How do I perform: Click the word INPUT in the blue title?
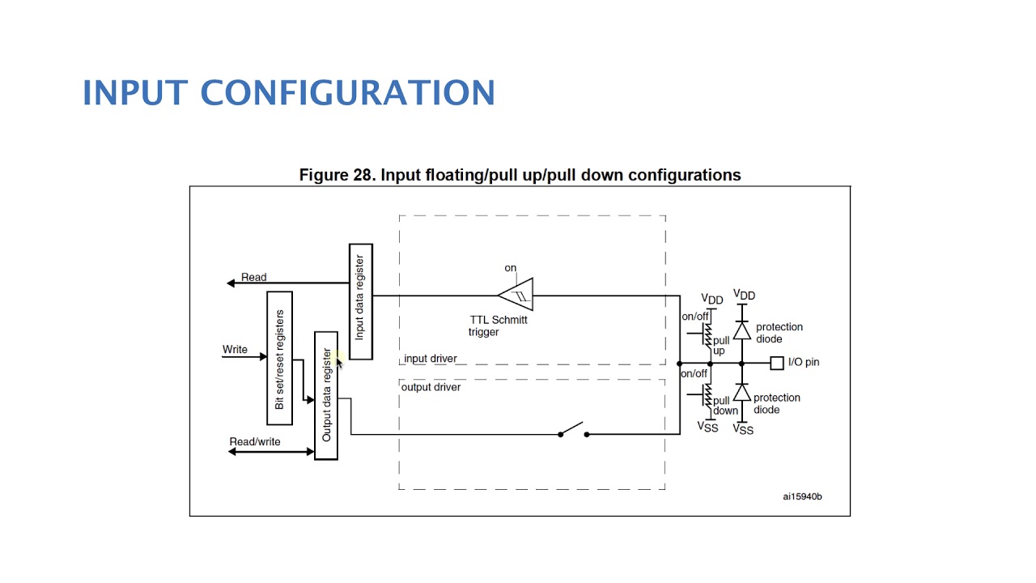[135, 92]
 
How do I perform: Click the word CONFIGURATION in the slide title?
[348, 92]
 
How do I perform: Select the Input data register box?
[361, 302]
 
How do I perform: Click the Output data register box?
[326, 396]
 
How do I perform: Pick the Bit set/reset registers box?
[279, 358]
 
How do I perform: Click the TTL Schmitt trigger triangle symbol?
[516, 294]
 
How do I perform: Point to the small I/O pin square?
[777, 364]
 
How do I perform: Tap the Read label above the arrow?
[254, 277]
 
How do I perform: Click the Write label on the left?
[235, 349]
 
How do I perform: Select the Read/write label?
[255, 442]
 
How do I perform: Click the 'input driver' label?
[430, 359]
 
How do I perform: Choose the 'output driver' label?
[431, 387]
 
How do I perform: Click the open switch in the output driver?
[574, 429]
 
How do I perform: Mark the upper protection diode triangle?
[742, 331]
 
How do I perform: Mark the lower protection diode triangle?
[742, 393]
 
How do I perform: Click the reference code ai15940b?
[802, 496]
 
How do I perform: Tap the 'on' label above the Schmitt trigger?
[510, 268]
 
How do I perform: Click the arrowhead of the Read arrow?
[231, 283]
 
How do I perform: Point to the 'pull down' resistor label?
[725, 406]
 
